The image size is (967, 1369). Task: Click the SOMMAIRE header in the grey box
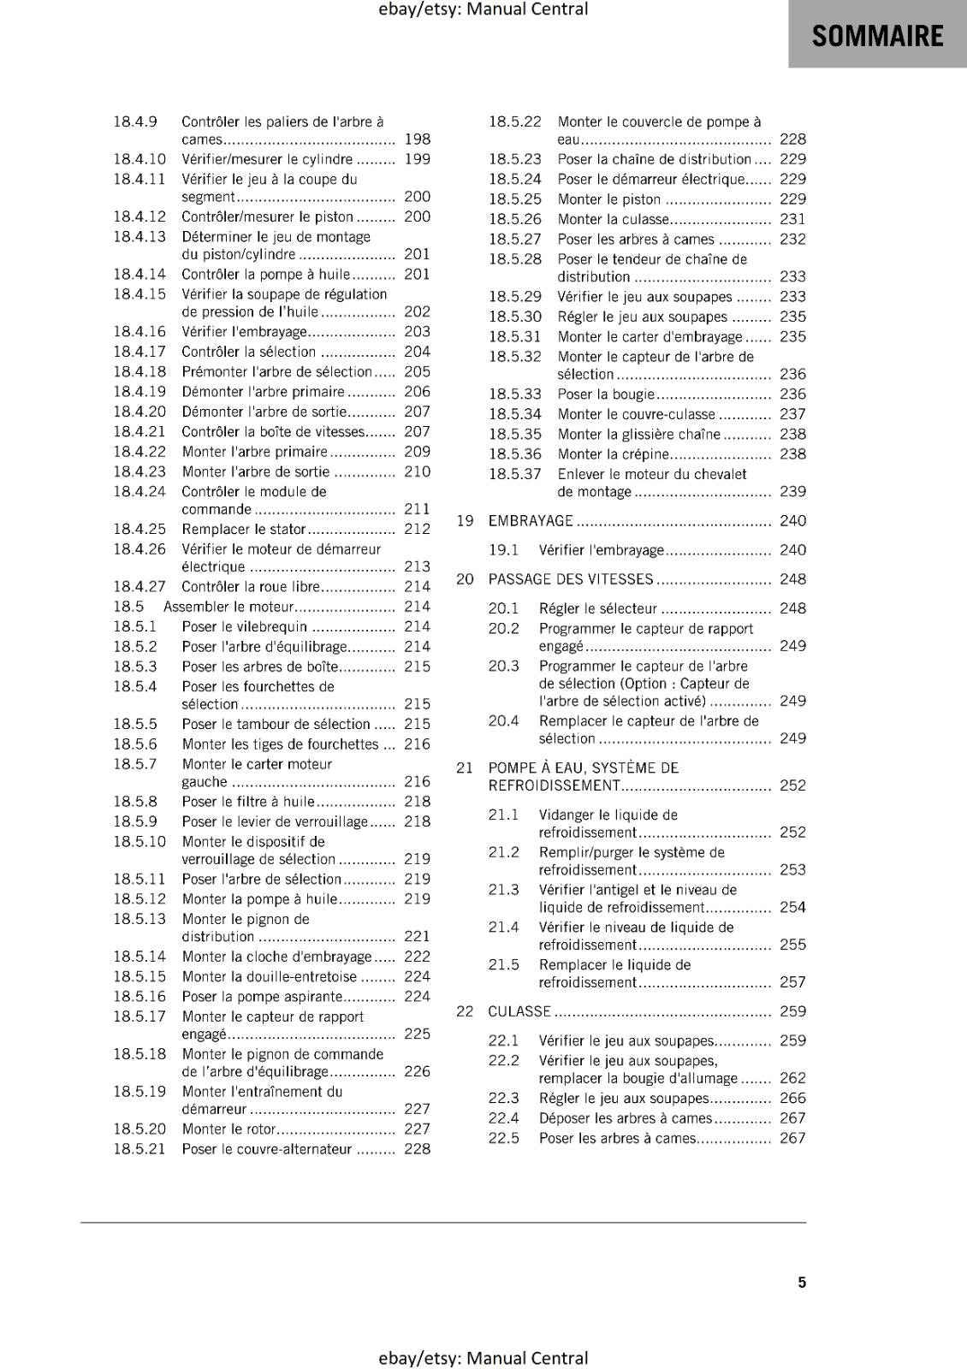[877, 36]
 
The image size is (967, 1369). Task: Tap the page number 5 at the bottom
[802, 1282]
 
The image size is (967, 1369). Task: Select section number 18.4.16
[139, 332]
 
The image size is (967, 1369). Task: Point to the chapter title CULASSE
[519, 1011]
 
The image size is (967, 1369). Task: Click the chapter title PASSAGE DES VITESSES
[571, 579]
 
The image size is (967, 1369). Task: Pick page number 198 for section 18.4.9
[417, 139]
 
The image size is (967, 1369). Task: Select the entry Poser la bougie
[606, 394]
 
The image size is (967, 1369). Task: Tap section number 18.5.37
[515, 475]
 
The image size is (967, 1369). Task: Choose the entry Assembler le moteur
[228, 607]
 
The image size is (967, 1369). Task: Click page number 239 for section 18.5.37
[792, 492]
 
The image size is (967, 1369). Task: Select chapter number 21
[465, 768]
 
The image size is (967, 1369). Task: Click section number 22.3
[504, 1099]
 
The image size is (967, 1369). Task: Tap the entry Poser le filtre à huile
[248, 802]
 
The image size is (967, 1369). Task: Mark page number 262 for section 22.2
[792, 1079]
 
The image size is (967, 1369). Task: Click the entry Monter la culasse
[612, 219]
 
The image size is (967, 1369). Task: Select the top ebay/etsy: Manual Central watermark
[483, 9]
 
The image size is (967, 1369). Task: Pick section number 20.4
[504, 721]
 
